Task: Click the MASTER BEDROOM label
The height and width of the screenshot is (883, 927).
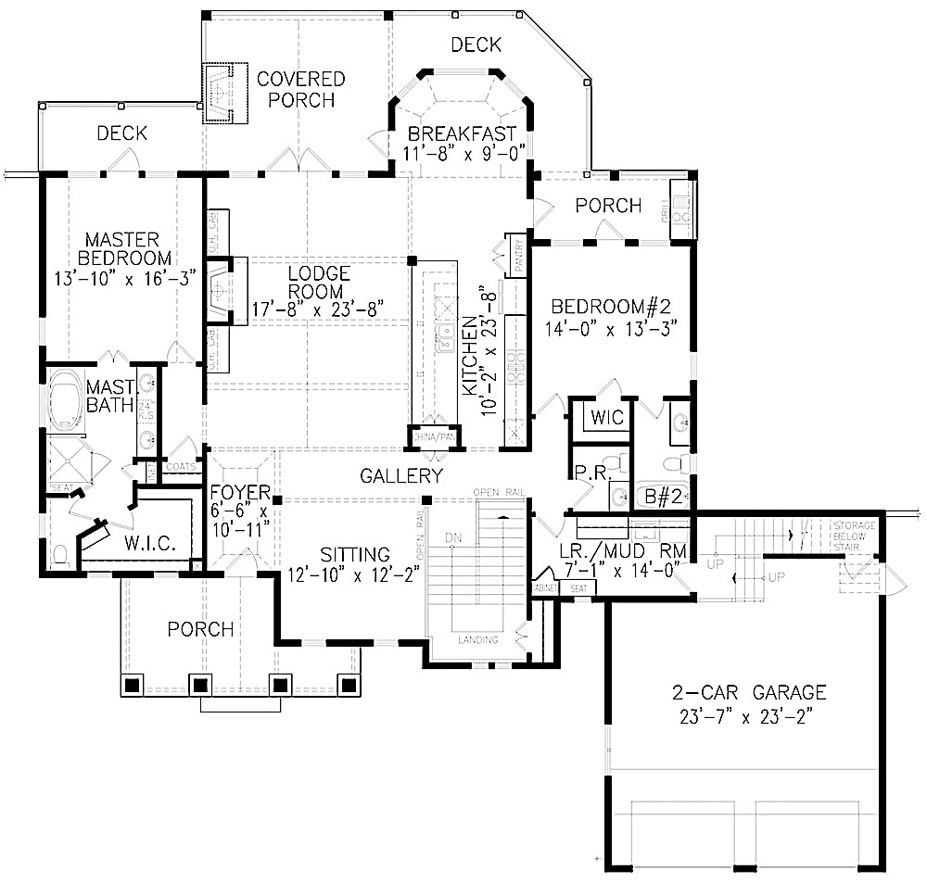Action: click(124, 247)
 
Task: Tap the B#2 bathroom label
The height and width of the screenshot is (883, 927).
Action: click(663, 497)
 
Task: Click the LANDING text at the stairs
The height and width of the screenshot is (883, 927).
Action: click(478, 640)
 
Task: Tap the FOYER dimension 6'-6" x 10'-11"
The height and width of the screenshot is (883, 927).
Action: click(238, 519)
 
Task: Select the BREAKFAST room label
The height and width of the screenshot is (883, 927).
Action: click(462, 135)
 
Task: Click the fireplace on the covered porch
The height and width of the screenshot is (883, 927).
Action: click(222, 94)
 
